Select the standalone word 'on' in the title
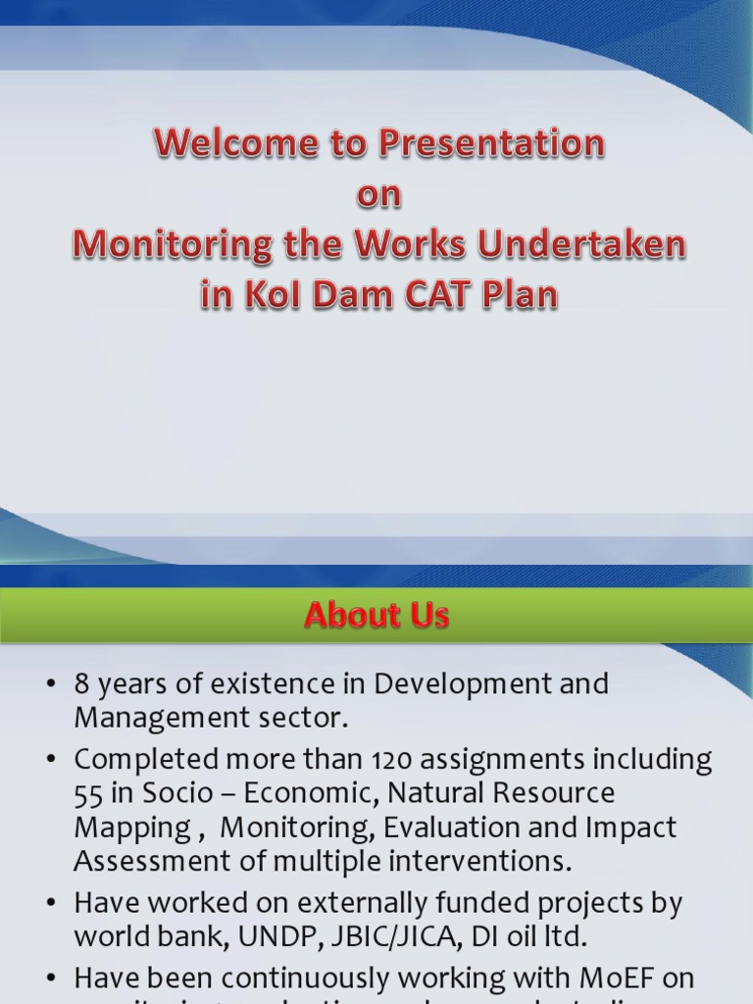tap(378, 194)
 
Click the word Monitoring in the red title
tap(171, 245)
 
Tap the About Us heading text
tap(376, 615)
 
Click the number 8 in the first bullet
tap(82, 684)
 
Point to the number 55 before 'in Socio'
tap(88, 793)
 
